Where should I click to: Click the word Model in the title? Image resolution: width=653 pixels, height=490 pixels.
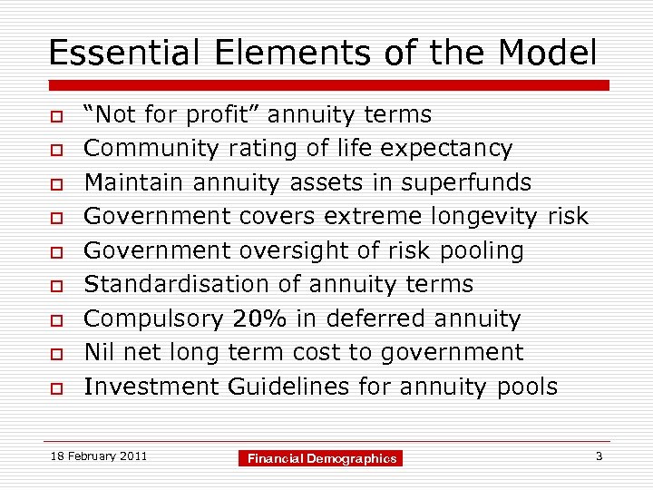(x=548, y=53)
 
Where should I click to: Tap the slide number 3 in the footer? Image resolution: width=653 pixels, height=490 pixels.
(x=599, y=456)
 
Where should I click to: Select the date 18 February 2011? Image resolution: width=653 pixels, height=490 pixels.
(x=99, y=456)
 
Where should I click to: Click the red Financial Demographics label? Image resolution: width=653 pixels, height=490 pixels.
(x=322, y=459)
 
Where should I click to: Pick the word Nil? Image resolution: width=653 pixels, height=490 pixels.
(x=100, y=352)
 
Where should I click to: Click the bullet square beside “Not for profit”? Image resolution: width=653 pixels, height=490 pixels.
(x=55, y=116)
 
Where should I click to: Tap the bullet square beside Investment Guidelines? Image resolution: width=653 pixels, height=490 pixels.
(x=55, y=388)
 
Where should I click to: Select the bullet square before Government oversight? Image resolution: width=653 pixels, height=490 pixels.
(x=55, y=252)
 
